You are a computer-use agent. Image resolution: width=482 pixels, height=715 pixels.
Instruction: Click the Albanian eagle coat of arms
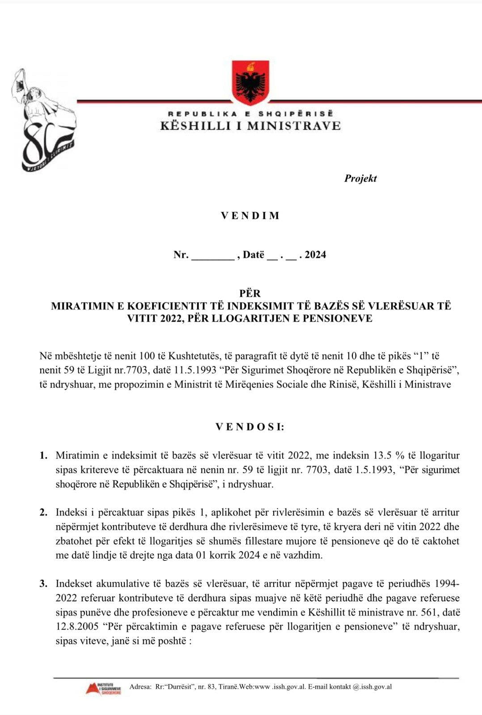[250, 83]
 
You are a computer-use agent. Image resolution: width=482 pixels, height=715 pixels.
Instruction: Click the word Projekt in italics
[360, 178]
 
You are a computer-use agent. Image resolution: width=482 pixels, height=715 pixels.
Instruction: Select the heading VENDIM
[250, 216]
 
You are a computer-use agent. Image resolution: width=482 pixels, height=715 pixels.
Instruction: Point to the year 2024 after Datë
[316, 255]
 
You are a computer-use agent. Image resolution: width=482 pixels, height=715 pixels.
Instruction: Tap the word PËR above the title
[250, 294]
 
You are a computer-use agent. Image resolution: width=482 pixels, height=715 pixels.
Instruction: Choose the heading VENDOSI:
[250, 427]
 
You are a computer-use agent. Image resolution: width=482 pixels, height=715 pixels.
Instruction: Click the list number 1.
[43, 456]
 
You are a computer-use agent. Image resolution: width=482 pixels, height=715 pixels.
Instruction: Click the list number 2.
[43, 513]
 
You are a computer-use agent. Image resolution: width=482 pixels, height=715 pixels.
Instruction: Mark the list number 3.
[43, 584]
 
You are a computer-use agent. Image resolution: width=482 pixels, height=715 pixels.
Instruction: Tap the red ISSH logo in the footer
[103, 688]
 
